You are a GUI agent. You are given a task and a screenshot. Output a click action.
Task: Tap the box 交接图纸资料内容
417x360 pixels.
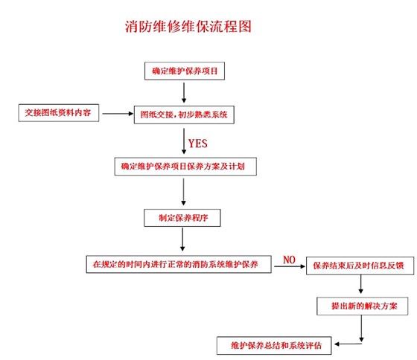(57, 114)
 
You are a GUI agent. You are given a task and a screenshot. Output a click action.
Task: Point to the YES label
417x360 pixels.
(198, 141)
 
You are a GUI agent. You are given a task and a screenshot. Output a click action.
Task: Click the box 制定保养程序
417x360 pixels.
(183, 218)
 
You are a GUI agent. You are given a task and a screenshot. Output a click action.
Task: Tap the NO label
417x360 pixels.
(289, 260)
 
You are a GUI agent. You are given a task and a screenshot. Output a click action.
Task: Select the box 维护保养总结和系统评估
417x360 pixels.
(276, 345)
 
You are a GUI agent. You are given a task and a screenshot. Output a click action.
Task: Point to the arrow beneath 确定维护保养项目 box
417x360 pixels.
(183, 91)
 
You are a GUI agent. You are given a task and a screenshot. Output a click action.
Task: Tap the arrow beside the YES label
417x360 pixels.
(183, 141)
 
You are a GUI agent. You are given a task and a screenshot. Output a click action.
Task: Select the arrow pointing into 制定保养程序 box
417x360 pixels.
(183, 193)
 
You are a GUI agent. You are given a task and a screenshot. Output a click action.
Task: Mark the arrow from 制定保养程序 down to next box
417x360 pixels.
(183, 240)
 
